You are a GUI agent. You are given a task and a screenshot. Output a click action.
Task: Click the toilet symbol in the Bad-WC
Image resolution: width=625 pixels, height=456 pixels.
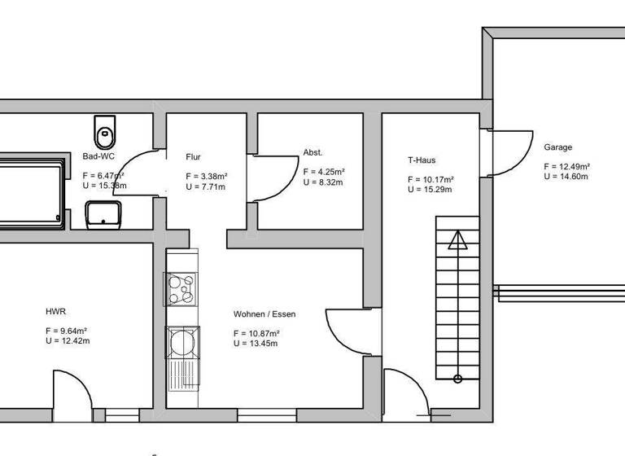click(x=106, y=131)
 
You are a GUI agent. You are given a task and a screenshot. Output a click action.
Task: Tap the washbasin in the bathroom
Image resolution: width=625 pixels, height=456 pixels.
click(x=103, y=215)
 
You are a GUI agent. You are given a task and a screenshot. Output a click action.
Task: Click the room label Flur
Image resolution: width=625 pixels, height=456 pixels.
click(x=193, y=157)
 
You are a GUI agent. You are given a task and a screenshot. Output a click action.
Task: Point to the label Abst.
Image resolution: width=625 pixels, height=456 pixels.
click(x=312, y=152)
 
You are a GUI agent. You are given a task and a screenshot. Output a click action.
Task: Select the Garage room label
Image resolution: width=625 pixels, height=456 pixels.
click(x=557, y=147)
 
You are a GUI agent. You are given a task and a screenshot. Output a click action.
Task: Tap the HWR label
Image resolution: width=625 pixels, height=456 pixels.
click(x=55, y=311)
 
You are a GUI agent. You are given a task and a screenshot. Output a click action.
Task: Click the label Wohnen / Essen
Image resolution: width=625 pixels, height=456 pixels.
click(x=264, y=314)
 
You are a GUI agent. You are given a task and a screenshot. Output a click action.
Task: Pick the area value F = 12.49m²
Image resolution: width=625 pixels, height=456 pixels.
click(x=566, y=166)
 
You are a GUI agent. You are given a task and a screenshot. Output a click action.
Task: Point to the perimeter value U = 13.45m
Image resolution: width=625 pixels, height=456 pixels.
click(x=256, y=344)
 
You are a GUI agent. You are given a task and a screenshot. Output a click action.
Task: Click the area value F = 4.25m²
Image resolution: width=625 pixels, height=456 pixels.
click(x=324, y=172)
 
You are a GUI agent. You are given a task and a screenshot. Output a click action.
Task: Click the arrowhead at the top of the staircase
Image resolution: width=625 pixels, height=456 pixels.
click(x=458, y=239)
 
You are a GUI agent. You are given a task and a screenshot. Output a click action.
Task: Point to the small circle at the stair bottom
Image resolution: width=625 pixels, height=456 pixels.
click(x=458, y=378)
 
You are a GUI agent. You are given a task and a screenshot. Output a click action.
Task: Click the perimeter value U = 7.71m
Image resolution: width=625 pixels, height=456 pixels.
click(x=205, y=186)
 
